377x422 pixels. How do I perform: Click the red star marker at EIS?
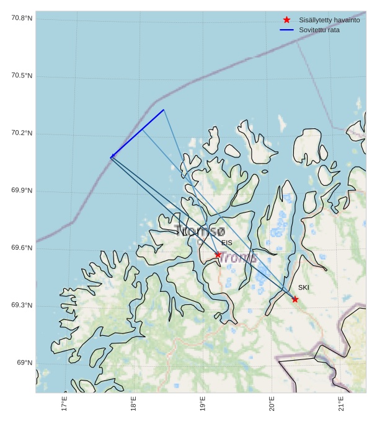(218, 255)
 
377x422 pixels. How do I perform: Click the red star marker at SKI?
(295, 299)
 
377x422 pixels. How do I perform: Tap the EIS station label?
(227, 243)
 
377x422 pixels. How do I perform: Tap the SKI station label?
(303, 288)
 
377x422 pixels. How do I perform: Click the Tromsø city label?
(200, 231)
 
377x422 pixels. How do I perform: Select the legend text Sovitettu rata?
(319, 30)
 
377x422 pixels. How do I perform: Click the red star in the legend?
(286, 20)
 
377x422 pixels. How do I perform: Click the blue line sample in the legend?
(286, 30)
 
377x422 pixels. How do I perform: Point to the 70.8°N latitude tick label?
(22, 18)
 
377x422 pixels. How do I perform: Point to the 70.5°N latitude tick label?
(22, 76)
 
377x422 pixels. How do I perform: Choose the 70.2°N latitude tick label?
(22, 133)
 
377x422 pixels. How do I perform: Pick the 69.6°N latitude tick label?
(22, 248)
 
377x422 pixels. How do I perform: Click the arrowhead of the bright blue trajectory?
(112, 156)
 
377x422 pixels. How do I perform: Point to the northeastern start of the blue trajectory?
(164, 110)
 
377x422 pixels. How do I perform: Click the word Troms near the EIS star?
(239, 258)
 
